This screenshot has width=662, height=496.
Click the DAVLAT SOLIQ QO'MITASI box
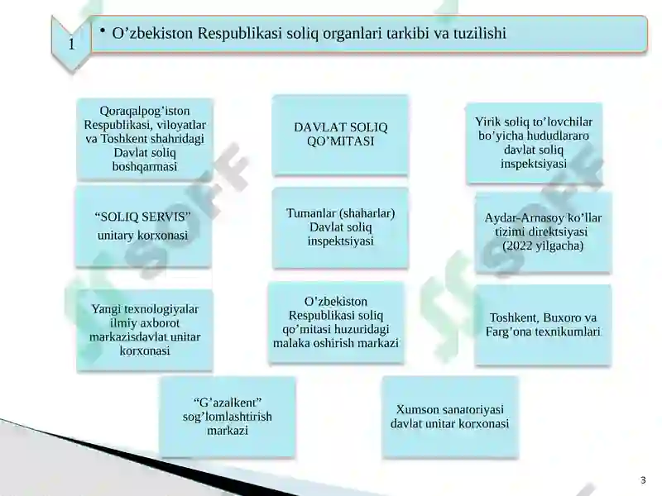point(340,135)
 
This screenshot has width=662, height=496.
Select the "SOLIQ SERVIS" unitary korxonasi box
point(142,227)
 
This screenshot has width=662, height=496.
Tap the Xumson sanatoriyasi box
point(449,417)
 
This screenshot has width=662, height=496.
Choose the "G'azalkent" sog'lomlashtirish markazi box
point(227,417)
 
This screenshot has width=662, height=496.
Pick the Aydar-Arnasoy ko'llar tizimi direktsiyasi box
point(543,232)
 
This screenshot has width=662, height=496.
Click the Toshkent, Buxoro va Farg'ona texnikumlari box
point(543,325)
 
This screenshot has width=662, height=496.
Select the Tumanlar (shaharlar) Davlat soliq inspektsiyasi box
point(340,227)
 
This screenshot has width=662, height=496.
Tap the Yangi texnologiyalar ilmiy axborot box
point(145,330)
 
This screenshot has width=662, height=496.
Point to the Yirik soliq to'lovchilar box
point(534,142)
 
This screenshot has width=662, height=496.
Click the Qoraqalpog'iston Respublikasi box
point(145,139)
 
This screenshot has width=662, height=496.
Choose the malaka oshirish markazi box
point(336,322)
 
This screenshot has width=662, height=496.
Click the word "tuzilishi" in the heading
point(474,34)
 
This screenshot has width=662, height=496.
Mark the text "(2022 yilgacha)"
point(543,246)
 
